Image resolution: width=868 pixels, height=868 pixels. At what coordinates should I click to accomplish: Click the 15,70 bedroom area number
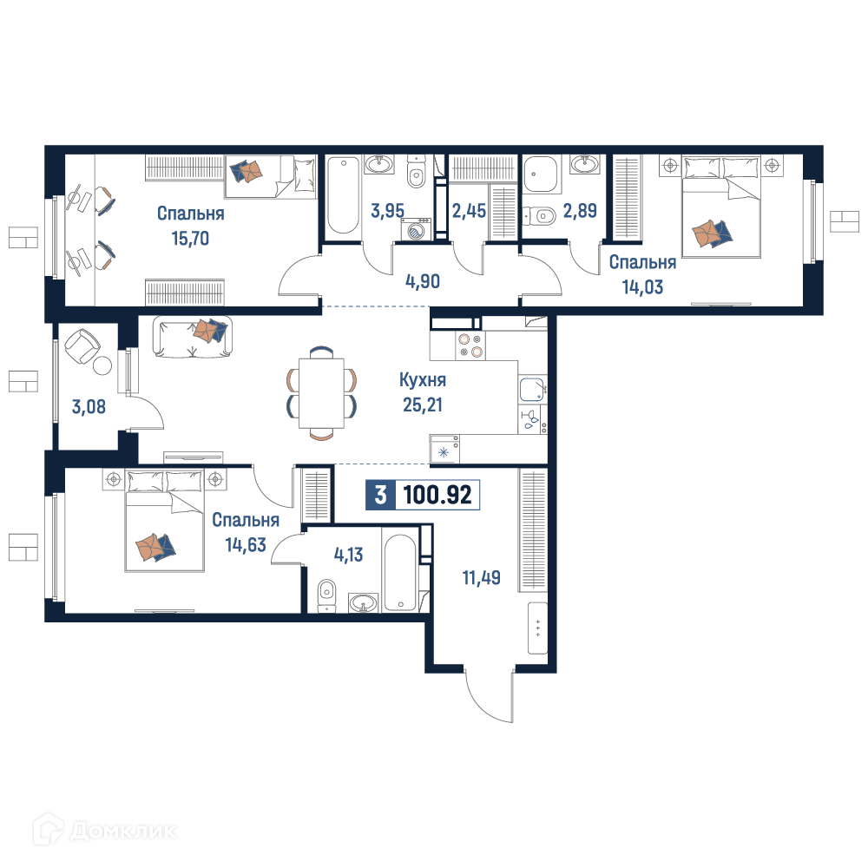(190, 239)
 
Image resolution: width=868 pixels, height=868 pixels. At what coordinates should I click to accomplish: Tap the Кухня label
(423, 380)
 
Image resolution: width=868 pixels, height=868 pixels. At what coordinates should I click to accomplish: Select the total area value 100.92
(437, 495)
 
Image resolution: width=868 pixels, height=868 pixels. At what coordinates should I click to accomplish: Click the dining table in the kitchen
(321, 393)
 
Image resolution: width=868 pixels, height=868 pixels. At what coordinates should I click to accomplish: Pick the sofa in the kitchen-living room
(192, 337)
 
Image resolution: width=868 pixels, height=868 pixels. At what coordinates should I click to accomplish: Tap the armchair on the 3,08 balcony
(82, 346)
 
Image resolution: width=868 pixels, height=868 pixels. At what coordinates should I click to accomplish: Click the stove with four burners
(470, 345)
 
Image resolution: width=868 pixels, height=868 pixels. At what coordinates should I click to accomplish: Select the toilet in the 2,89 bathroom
(539, 214)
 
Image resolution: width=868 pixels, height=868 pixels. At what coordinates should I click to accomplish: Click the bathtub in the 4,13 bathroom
(400, 572)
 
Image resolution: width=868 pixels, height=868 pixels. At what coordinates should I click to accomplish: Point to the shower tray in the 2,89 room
(540, 174)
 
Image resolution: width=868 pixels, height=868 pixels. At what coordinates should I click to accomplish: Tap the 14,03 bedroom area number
(642, 287)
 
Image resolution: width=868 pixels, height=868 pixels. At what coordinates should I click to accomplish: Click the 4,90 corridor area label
(423, 281)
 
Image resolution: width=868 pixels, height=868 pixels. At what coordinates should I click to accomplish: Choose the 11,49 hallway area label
(481, 577)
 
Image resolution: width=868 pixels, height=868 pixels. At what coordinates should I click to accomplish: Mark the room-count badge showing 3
(380, 495)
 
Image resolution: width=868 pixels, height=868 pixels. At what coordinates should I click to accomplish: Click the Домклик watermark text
(123, 831)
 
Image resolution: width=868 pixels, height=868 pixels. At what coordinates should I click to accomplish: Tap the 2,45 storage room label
(469, 211)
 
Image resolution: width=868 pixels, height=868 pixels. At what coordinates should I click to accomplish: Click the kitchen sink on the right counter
(533, 389)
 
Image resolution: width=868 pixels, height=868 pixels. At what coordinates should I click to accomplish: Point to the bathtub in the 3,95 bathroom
(343, 195)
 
